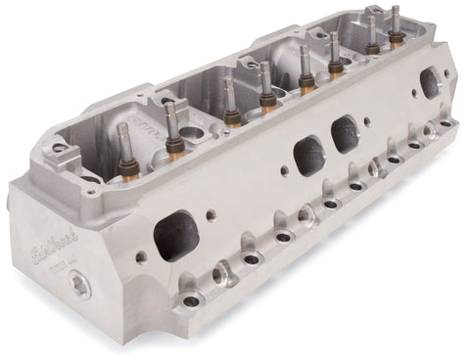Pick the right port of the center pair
[346, 134]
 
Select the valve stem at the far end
[396, 22]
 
